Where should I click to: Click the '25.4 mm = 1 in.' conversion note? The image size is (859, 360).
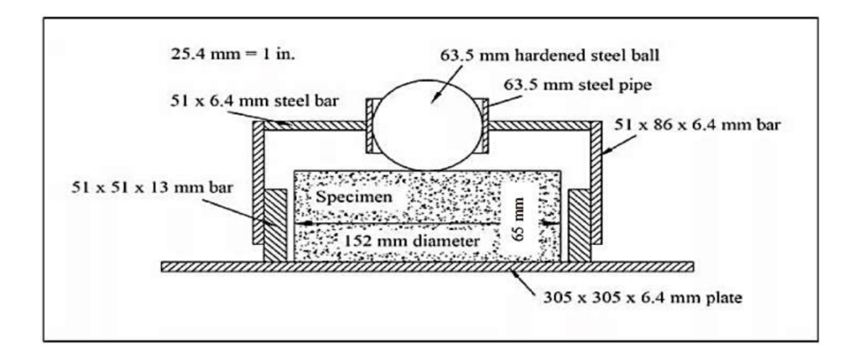[233, 55]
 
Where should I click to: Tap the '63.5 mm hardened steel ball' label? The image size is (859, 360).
[550, 57]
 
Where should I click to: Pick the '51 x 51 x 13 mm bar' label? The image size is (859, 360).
[153, 187]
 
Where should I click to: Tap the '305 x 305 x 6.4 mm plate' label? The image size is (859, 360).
[640, 299]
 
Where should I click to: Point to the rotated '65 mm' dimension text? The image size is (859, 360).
[521, 219]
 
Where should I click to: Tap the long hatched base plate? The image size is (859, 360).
[427, 266]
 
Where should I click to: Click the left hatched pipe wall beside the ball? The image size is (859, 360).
[370, 126]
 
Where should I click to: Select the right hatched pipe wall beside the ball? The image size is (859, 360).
[484, 126]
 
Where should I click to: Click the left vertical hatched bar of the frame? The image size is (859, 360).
[258, 182]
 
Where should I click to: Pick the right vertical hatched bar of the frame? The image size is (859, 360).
[596, 182]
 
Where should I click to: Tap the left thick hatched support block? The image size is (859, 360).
[275, 226]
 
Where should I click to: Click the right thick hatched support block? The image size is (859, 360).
[579, 226]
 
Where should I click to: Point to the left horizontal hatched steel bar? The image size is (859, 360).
[315, 126]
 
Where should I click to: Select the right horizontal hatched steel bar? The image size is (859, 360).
[539, 126]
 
